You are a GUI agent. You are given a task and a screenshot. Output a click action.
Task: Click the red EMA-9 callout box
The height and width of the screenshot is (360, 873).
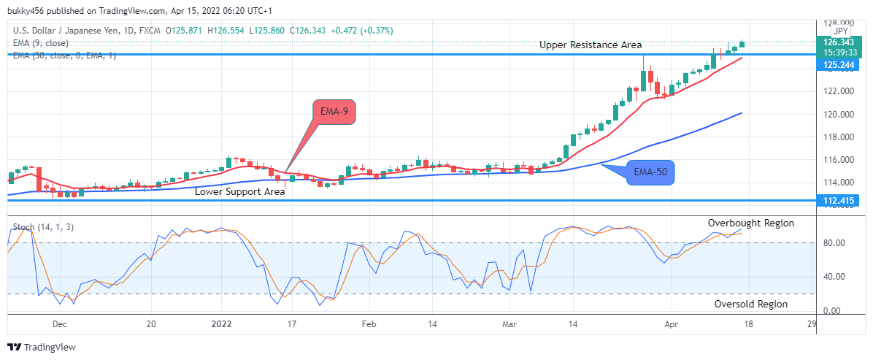click(x=334, y=112)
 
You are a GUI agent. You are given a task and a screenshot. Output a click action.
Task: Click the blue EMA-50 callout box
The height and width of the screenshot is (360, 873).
click(x=651, y=173)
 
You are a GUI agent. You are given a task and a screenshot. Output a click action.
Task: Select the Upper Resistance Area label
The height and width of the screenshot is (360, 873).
click(x=591, y=45)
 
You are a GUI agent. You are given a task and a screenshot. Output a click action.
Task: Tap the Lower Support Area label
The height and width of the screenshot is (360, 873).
click(x=239, y=192)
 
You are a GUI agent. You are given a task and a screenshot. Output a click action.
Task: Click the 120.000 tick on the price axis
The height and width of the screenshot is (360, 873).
click(x=834, y=114)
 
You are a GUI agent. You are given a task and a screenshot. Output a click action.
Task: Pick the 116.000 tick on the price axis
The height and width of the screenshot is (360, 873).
click(x=834, y=160)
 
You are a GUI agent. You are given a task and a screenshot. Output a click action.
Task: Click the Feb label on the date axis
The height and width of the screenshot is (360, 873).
click(x=369, y=324)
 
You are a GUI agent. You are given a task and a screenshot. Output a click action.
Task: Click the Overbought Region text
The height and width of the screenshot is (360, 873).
click(x=750, y=223)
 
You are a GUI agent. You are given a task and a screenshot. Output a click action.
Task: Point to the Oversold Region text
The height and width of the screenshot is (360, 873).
click(x=750, y=304)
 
